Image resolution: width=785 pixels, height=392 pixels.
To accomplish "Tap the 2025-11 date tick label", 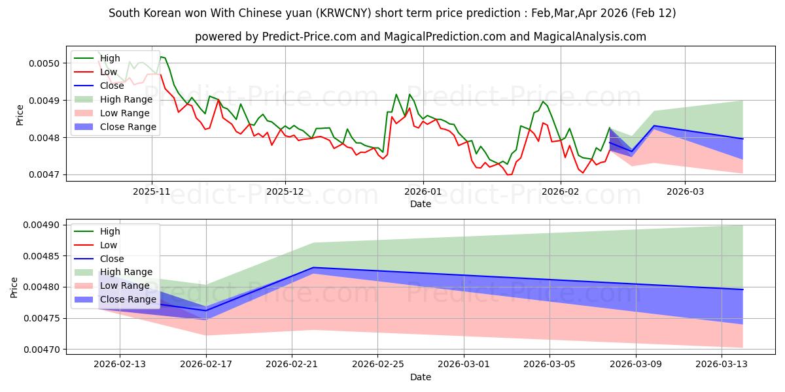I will [152, 191].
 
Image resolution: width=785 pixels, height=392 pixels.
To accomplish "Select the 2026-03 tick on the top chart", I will [685, 191].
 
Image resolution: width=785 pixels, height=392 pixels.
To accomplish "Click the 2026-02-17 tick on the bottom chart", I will [206, 364].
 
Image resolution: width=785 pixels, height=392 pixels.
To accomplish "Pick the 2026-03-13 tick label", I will [722, 364].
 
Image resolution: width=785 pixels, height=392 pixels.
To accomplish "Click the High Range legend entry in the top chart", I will [126, 99].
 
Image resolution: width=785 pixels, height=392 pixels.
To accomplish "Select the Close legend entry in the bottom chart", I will [113, 259].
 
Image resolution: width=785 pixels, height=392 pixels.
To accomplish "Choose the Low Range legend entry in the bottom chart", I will [124, 286].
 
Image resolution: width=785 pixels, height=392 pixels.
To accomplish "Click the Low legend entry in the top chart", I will [109, 72].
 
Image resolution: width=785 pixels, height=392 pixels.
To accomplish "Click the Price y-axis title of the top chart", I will [20, 114].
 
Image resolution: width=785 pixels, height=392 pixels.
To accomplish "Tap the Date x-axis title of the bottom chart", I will [421, 377].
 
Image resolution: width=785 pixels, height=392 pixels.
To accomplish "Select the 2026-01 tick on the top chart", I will [423, 191].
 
